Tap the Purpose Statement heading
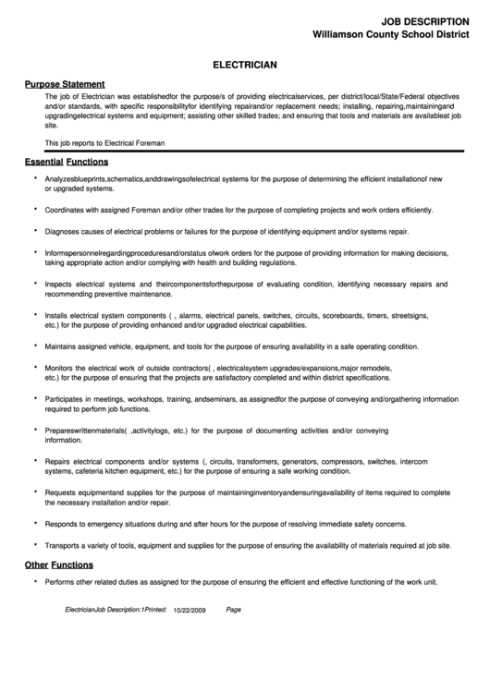click(x=64, y=83)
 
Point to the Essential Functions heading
click(x=64, y=161)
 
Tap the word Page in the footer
click(x=233, y=610)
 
